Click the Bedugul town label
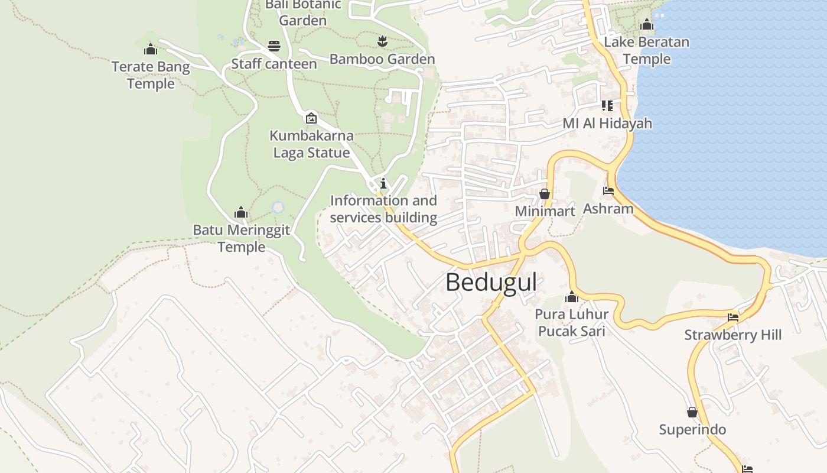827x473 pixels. [x=491, y=283]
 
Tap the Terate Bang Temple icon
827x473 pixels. [x=151, y=49]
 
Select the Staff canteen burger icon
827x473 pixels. [x=274, y=46]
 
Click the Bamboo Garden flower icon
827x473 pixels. [x=382, y=41]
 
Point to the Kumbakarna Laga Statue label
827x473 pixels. [x=311, y=144]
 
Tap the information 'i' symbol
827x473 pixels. [x=383, y=183]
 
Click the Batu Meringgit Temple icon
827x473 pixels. [x=240, y=212]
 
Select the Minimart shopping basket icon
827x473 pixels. [x=544, y=194]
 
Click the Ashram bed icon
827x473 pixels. [x=608, y=191]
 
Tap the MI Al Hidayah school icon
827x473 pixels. [x=607, y=106]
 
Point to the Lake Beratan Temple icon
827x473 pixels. [x=646, y=25]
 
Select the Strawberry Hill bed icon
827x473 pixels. [x=733, y=318]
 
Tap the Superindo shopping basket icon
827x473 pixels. [x=692, y=412]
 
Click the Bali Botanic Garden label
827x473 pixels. [x=303, y=12]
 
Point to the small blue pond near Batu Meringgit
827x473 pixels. [x=278, y=208]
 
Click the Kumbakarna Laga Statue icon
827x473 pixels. [x=311, y=118]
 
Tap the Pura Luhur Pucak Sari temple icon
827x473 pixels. [x=571, y=297]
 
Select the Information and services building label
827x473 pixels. [x=383, y=209]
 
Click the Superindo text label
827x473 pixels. [x=692, y=429]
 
